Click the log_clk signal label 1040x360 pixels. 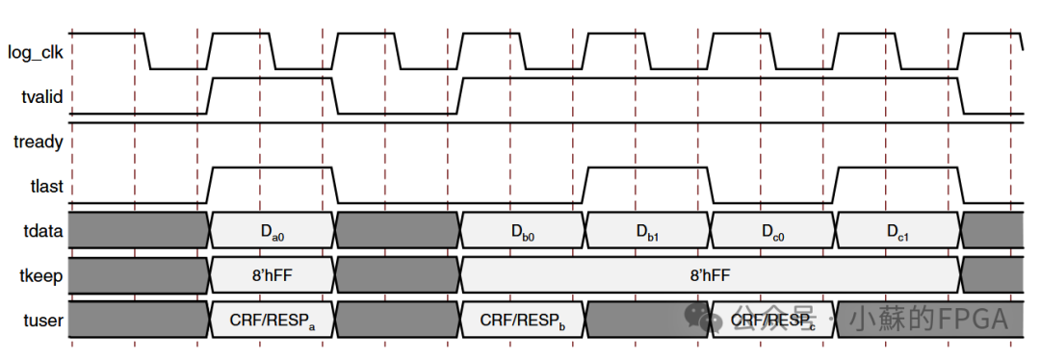36,52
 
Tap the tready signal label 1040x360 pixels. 39,142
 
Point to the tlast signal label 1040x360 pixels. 45,187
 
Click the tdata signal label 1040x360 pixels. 42,231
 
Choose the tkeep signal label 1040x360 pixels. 40,275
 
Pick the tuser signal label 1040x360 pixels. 43,320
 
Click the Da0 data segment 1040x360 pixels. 273,231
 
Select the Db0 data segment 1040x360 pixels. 523,231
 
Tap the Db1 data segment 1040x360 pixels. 648,231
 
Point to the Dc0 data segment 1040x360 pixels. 773,231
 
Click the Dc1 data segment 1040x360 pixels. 898,231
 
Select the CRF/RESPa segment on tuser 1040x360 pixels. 273,320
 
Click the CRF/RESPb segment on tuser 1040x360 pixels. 523,320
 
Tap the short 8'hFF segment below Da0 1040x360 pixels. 273,275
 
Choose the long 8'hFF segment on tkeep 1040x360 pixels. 711,275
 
